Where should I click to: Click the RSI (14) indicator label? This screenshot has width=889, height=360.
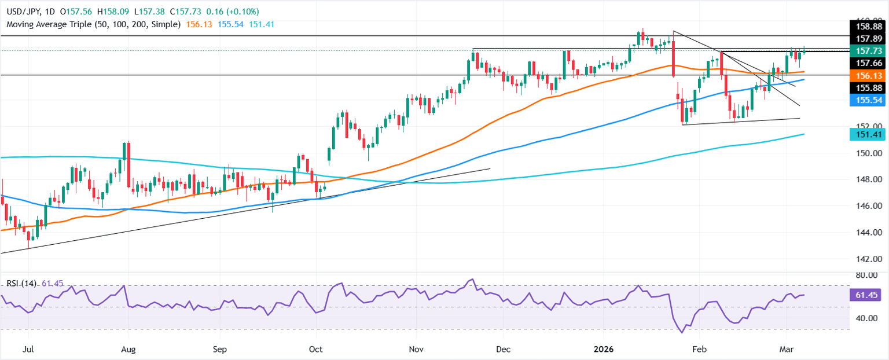point(21,283)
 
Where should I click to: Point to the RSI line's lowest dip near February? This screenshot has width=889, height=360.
point(682,333)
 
